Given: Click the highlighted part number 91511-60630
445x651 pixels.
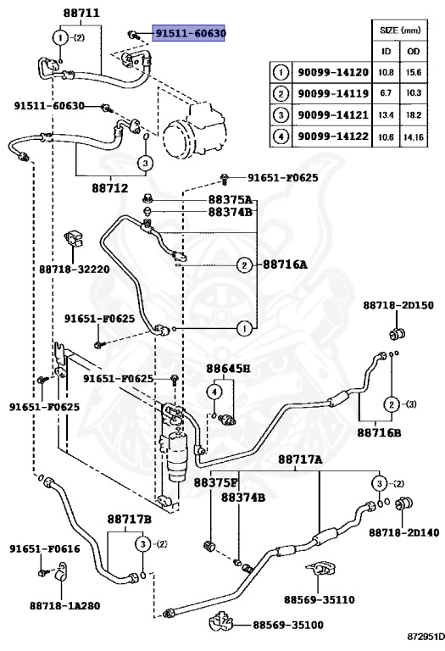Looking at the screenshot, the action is [x=189, y=33].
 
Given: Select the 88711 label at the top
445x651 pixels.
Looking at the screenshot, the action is [x=81, y=13].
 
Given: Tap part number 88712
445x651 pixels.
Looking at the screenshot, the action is [x=110, y=188].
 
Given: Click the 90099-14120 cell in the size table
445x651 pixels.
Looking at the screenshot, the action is [x=333, y=73].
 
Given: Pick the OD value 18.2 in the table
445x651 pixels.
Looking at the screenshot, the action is [x=414, y=115].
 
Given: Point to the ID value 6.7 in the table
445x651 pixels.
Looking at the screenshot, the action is [x=386, y=93].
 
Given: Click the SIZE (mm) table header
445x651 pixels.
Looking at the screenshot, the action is [x=400, y=30].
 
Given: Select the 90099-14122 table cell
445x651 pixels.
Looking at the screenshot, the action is [x=333, y=136].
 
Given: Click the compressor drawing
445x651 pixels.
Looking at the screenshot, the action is [x=192, y=129].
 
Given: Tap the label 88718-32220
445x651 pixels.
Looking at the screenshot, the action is [x=75, y=270].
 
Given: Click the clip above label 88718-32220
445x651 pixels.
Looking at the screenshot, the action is [x=74, y=240].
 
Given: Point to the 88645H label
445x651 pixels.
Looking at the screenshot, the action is [x=228, y=368].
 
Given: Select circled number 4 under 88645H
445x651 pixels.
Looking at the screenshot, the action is [x=214, y=392].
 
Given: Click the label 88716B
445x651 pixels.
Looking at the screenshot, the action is [x=379, y=432].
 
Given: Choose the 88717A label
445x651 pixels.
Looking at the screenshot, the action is [x=300, y=459].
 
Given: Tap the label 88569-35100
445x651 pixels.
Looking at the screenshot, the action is [x=288, y=625].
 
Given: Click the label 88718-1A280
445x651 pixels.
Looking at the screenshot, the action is [x=64, y=606].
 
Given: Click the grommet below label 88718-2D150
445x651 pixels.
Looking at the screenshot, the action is [x=398, y=333].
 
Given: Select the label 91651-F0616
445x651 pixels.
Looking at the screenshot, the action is [x=45, y=549].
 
